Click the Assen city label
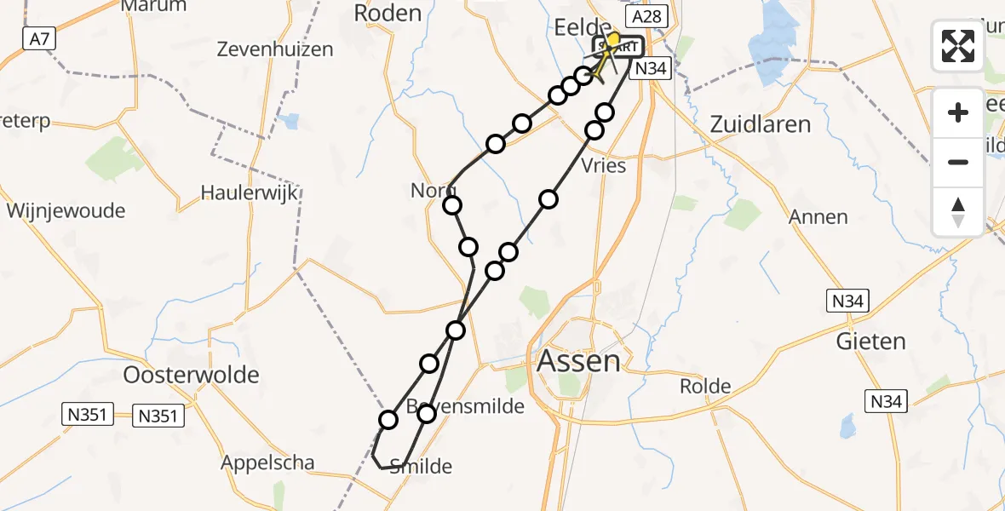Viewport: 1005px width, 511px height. (x=579, y=361)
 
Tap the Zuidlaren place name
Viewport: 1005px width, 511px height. (x=760, y=124)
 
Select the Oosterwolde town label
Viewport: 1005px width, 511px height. (x=191, y=375)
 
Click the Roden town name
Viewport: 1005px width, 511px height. (x=388, y=13)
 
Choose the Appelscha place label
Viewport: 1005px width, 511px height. (x=267, y=463)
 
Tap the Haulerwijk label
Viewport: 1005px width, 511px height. (x=249, y=192)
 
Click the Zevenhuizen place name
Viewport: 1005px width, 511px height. (x=274, y=49)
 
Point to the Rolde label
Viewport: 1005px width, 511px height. (x=705, y=387)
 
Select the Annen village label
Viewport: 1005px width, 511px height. (x=818, y=217)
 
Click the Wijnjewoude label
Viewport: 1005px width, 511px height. (x=66, y=210)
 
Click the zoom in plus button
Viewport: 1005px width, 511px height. (x=958, y=112)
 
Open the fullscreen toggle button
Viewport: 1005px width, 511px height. (x=958, y=46)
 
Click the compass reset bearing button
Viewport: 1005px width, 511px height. (x=958, y=211)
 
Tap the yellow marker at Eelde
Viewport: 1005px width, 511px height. (x=612, y=40)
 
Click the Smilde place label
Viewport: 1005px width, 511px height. (x=421, y=466)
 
